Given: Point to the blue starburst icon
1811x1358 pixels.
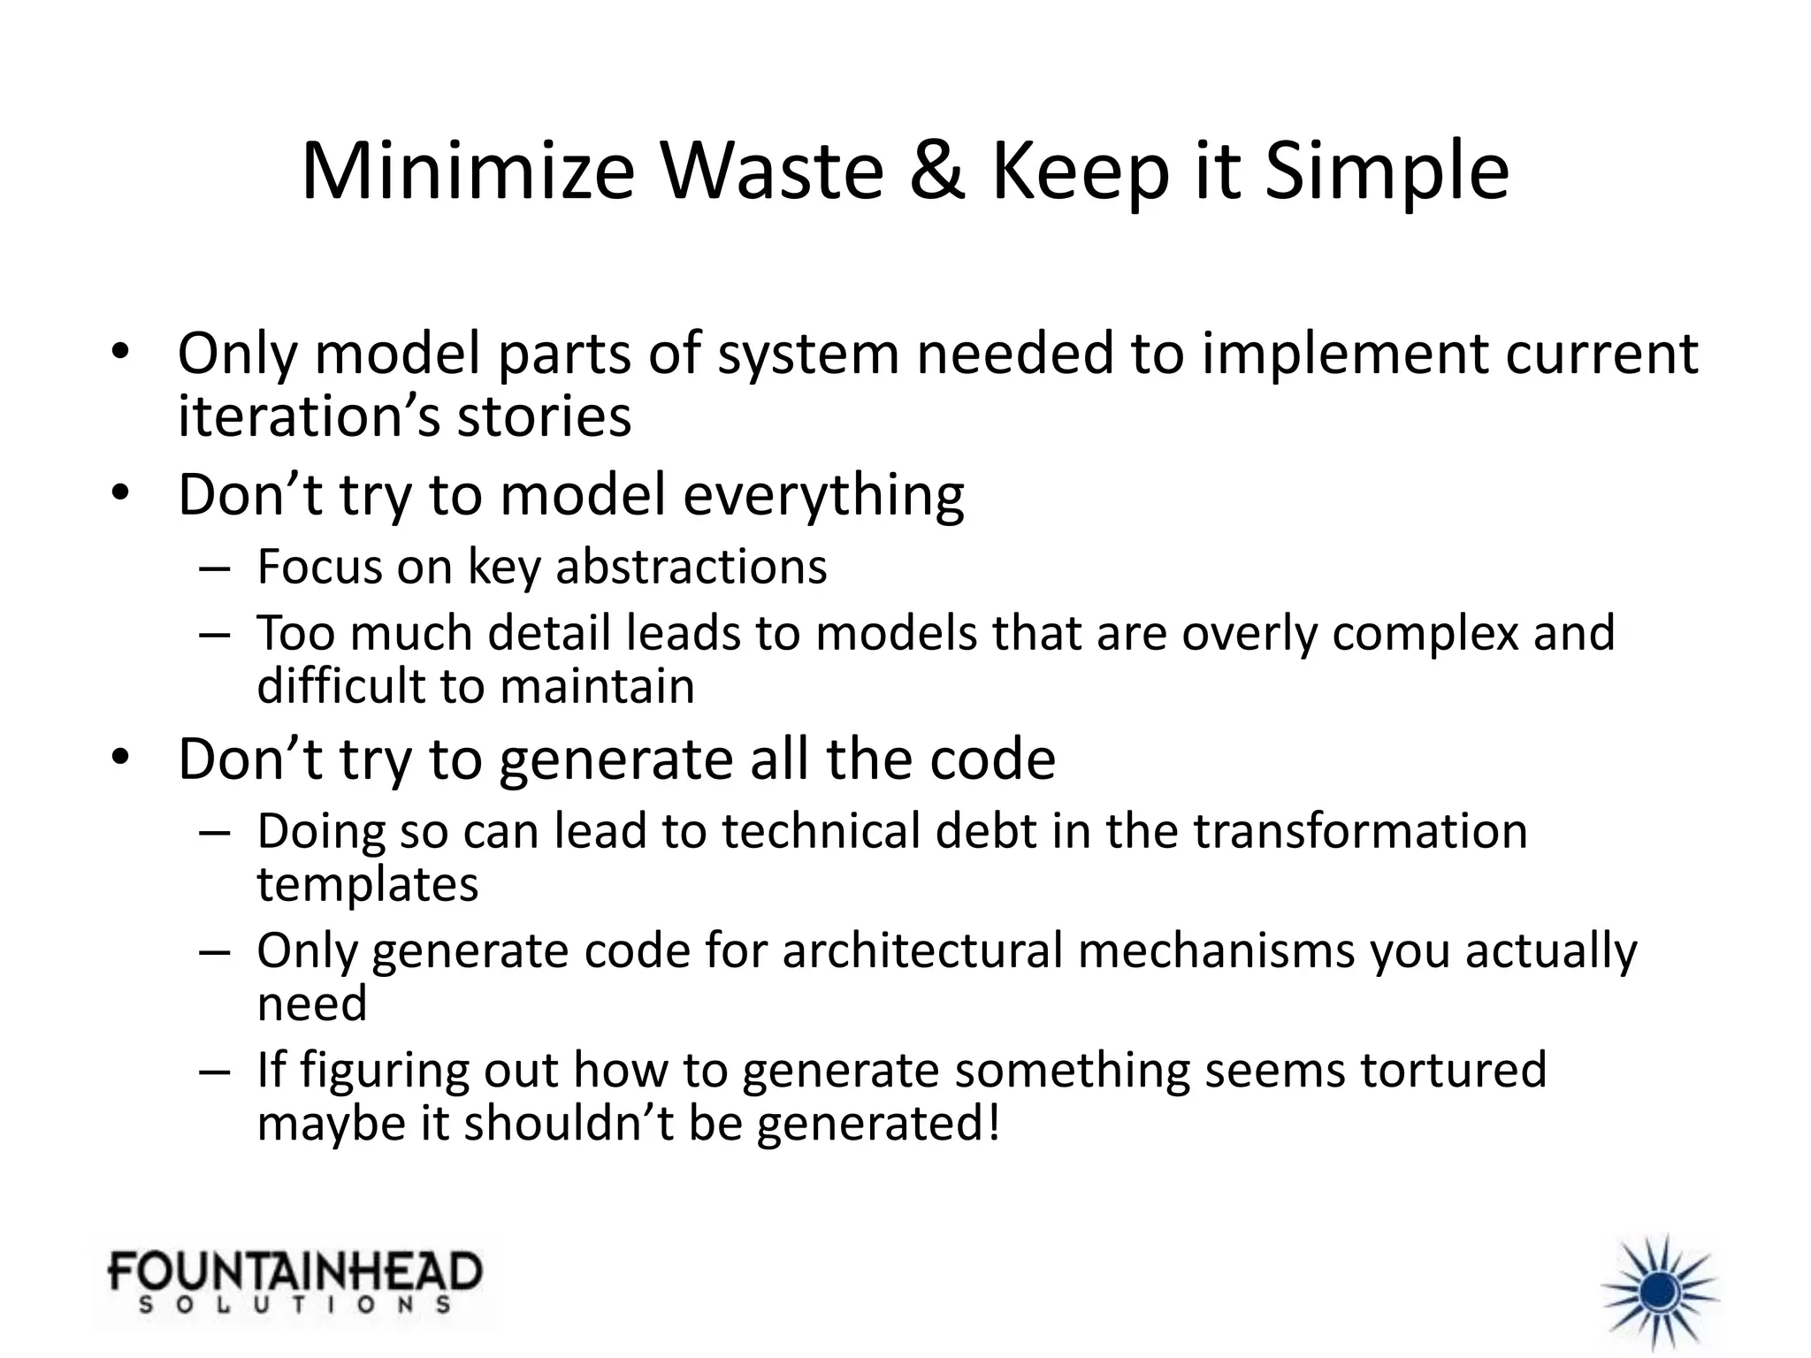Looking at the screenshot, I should tap(1660, 1293).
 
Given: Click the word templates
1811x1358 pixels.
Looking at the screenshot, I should tap(367, 884).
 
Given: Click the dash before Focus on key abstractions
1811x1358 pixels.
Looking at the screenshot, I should tap(215, 568).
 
